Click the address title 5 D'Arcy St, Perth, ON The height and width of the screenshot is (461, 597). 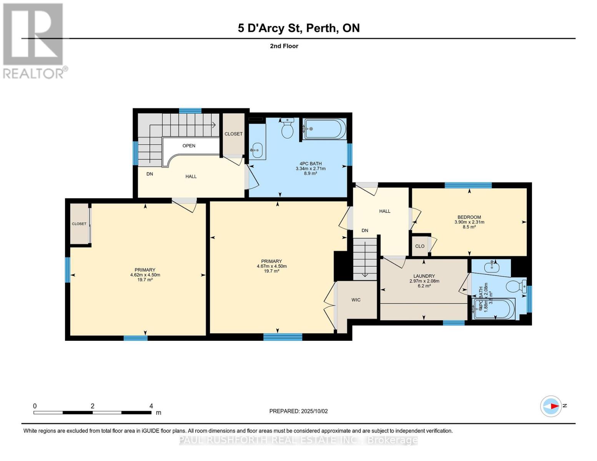tap(298, 28)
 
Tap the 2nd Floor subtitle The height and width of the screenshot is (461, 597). tap(284, 46)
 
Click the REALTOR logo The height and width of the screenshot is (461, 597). tap(34, 41)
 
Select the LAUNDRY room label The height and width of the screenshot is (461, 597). tap(424, 276)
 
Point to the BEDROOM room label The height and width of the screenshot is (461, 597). tap(469, 217)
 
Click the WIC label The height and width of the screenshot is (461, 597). tap(356, 300)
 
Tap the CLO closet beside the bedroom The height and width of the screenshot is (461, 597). tap(420, 246)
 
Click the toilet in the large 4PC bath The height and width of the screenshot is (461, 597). tap(288, 128)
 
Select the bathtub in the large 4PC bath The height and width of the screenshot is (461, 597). tap(325, 129)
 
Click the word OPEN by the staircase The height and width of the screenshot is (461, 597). tap(189, 146)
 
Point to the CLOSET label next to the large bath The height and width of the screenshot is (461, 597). tap(233, 134)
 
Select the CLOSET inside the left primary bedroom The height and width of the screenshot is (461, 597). tap(79, 224)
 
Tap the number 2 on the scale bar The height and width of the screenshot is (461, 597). tap(93, 406)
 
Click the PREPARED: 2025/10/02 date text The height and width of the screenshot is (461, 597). tap(298, 411)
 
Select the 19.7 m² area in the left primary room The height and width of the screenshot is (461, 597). tap(145, 280)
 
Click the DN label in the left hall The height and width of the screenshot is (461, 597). tap(150, 174)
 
